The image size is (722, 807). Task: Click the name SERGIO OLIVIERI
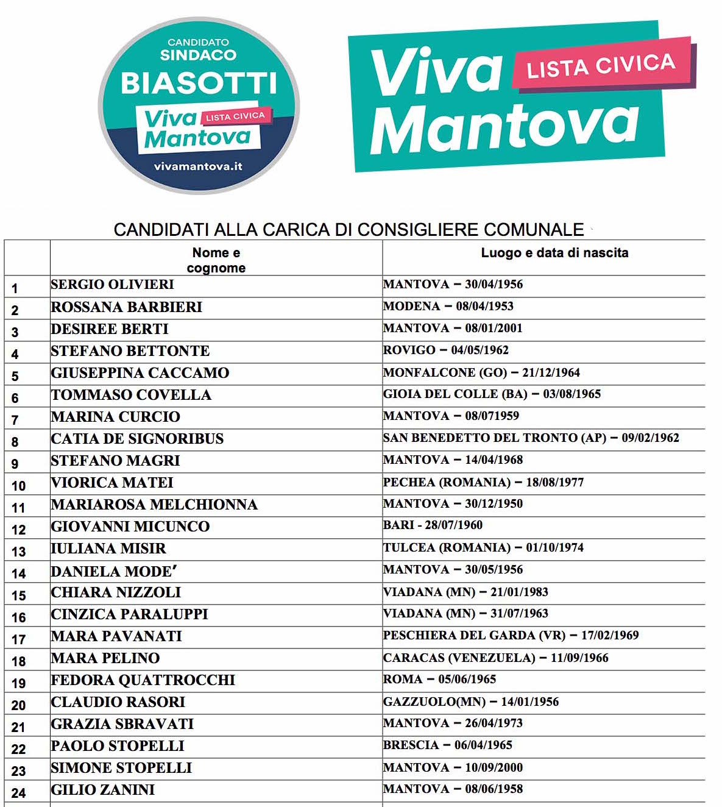point(113,285)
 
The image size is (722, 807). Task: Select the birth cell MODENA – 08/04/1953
point(448,306)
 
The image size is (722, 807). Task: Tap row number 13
point(19,552)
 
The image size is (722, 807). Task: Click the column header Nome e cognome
point(216,260)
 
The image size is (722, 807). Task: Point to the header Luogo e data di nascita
point(554,253)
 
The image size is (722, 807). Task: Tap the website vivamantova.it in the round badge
point(198,166)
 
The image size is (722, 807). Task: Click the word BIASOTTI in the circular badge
point(199,83)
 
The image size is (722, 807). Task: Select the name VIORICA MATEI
point(113,483)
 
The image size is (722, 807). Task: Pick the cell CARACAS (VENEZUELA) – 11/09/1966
point(495,658)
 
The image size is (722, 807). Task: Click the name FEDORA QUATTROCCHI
point(143,680)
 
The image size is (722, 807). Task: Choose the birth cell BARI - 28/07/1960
point(433,525)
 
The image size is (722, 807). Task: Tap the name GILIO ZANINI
point(103,790)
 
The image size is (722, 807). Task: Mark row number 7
point(15,420)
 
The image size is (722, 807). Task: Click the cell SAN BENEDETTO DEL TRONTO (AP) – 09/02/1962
point(531,438)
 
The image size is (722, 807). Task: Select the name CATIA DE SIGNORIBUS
point(138,439)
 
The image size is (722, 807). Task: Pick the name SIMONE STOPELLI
point(122,768)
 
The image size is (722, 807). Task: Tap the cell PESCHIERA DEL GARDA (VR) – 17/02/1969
point(511,635)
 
